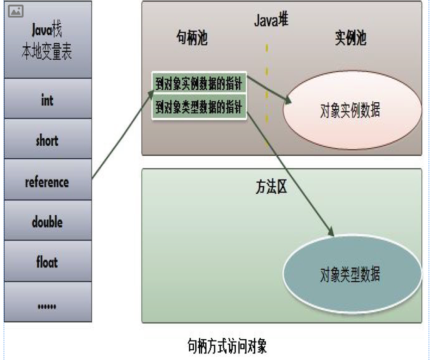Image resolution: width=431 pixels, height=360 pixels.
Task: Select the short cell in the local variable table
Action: coord(48,140)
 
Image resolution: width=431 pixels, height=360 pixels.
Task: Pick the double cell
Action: coord(48,222)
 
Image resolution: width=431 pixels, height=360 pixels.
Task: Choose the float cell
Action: coord(48,262)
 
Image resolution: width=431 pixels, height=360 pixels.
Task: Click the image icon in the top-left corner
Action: coord(16,12)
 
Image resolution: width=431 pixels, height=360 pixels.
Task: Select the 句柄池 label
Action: coord(192,39)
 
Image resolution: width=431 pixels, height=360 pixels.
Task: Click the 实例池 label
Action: coord(351,39)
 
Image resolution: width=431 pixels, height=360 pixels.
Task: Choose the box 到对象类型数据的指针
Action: coord(199,108)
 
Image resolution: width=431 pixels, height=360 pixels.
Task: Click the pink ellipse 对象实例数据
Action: coord(351,110)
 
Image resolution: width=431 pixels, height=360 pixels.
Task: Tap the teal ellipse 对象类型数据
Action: coord(351,274)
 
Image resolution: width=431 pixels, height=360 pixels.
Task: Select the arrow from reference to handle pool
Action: coord(123,134)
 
